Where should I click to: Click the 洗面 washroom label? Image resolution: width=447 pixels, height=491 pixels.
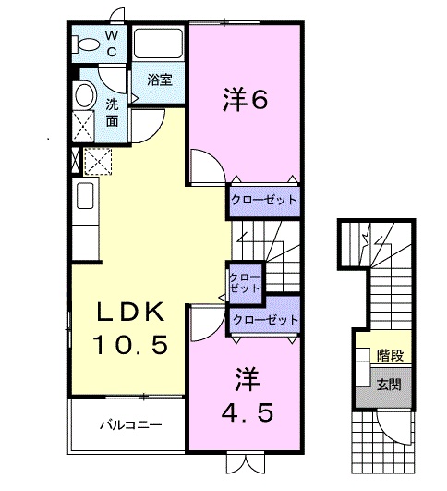pyautogui.click(x=111, y=112)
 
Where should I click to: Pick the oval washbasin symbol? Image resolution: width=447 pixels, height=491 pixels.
pyautogui.click(x=83, y=95)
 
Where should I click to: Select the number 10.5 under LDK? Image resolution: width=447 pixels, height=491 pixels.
pyautogui.click(x=129, y=347)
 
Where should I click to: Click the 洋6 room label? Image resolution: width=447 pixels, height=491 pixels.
pyautogui.click(x=246, y=99)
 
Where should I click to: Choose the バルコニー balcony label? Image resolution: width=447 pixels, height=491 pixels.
pyautogui.click(x=131, y=426)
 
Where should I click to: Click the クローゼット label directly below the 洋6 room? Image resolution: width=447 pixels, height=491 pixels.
pyautogui.click(x=265, y=200)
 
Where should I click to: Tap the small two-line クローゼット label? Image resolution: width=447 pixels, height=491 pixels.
pyautogui.click(x=244, y=282)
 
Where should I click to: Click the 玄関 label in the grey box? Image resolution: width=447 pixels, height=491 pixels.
pyautogui.click(x=388, y=381)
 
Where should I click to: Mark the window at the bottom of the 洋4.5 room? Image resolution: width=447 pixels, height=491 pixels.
pyautogui.click(x=245, y=460)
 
